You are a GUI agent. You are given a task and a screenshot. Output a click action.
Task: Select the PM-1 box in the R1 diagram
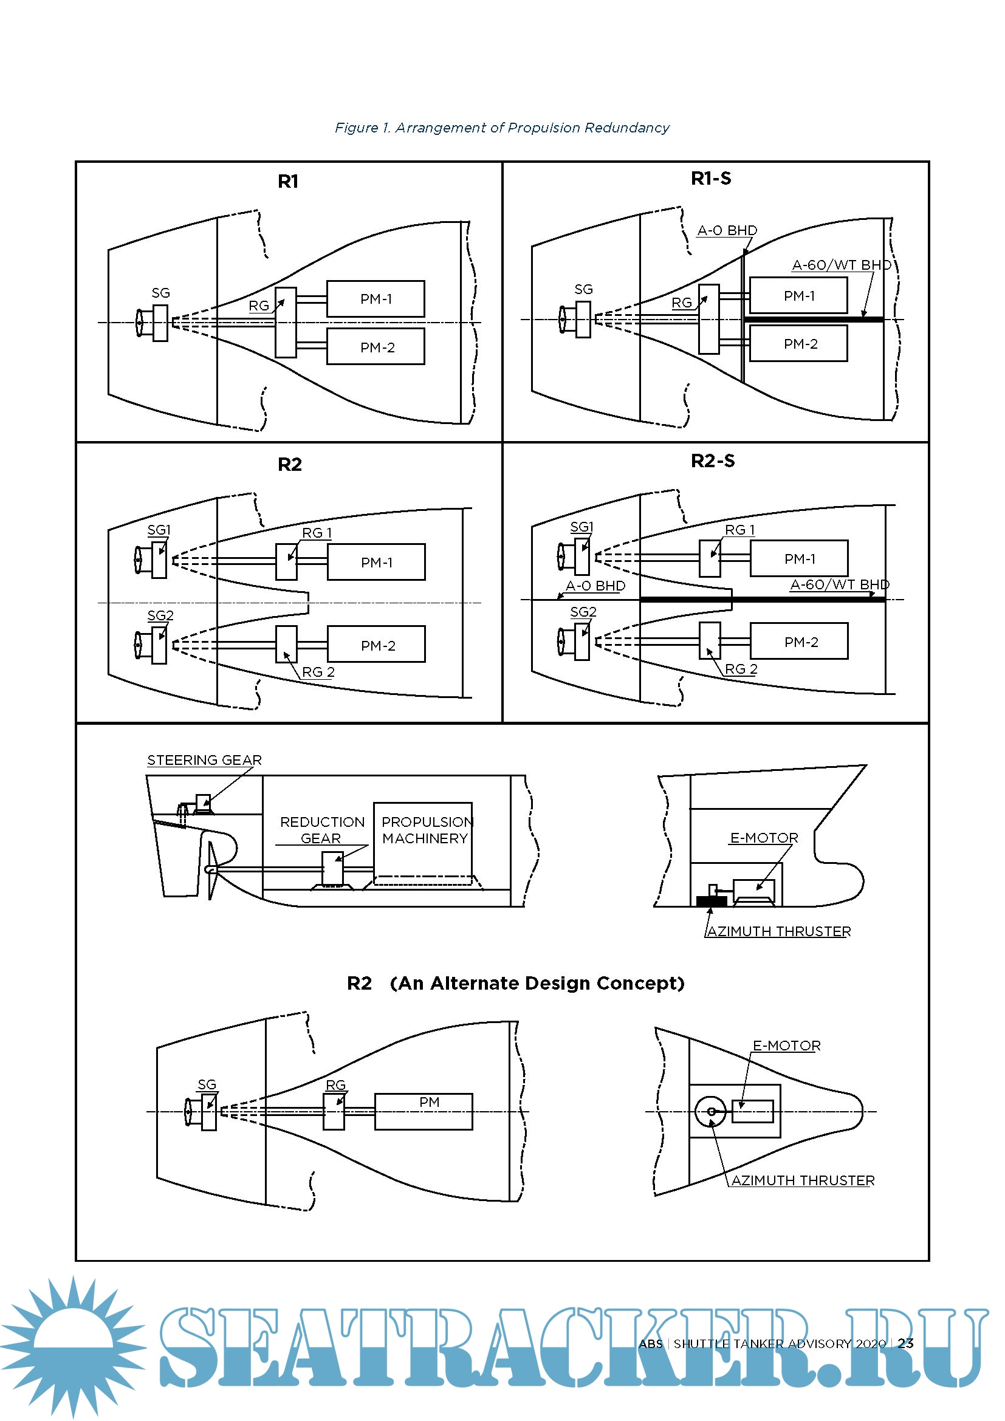(376, 299)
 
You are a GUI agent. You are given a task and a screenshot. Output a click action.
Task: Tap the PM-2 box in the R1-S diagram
(798, 344)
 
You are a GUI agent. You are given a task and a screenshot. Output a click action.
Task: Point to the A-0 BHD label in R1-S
(727, 230)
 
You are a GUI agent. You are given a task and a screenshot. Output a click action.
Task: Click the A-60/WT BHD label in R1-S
(842, 265)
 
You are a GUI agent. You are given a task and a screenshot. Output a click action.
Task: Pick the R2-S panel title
(712, 461)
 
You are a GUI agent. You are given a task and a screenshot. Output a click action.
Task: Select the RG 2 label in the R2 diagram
(318, 671)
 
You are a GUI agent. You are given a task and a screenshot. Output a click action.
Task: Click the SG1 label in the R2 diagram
(159, 530)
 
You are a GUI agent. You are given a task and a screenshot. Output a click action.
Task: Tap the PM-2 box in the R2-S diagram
(800, 642)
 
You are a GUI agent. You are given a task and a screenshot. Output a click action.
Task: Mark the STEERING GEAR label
(204, 760)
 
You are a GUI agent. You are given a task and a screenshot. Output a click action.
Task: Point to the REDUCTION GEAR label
(322, 830)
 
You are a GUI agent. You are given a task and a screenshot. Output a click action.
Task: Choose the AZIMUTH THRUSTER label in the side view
(779, 931)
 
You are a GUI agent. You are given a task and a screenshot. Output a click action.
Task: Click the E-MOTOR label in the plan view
(786, 1046)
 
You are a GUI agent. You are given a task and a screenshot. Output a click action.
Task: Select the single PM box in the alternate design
(424, 1112)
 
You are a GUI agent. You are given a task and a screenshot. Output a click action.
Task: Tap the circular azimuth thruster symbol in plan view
(710, 1112)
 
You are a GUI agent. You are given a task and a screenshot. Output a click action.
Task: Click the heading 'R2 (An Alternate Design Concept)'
(515, 983)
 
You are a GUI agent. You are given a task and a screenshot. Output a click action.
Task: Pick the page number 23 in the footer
(905, 1343)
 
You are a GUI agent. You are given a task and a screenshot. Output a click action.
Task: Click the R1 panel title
(288, 181)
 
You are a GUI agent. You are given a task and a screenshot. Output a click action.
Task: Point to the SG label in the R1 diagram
(161, 293)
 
